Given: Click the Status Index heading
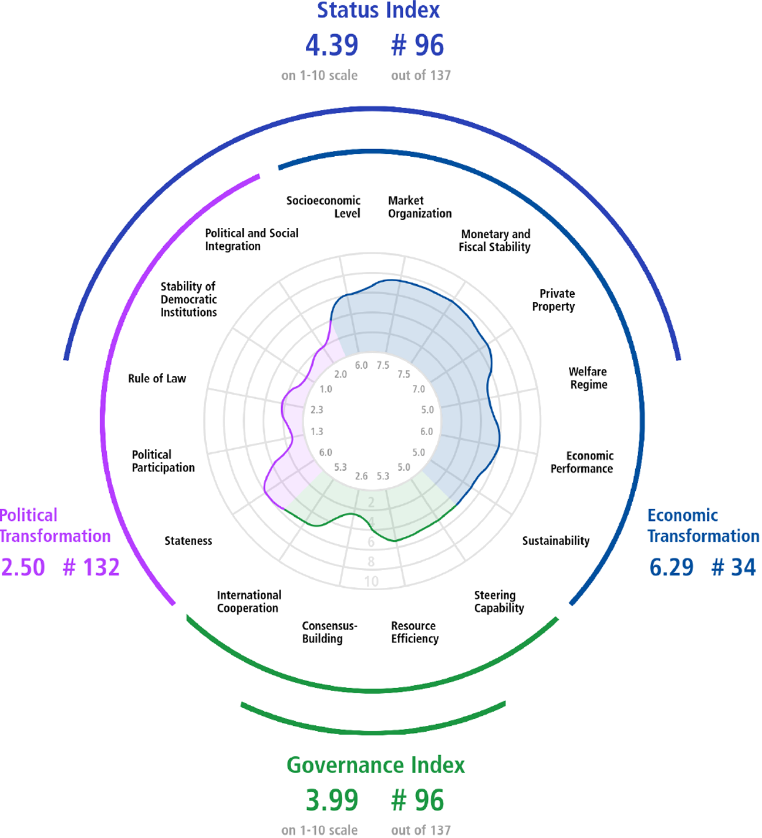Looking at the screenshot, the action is [378, 10].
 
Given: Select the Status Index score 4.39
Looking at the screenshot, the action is [332, 45].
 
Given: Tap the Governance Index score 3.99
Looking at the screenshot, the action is [332, 800].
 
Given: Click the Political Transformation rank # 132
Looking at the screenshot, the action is [91, 567].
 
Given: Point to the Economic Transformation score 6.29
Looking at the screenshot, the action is [672, 567].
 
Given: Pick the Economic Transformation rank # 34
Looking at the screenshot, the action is [734, 567].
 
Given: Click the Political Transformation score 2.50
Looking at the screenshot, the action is [23, 567].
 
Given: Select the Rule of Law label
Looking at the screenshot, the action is [157, 378].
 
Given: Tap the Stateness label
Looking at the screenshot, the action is [188, 541].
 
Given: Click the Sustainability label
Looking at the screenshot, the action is [555, 541].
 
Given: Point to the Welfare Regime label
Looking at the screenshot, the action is [589, 378].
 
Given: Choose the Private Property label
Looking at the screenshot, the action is [554, 300].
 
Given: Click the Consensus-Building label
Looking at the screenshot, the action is [329, 632].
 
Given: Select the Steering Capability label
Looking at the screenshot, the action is [499, 601].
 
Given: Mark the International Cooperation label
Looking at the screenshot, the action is [249, 601].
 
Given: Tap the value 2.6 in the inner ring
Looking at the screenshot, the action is [362, 476].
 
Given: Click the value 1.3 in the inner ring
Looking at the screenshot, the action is [316, 431].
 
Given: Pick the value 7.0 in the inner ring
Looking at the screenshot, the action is [419, 389].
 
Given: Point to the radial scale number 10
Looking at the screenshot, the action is [372, 581].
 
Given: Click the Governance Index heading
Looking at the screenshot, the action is [376, 765].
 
